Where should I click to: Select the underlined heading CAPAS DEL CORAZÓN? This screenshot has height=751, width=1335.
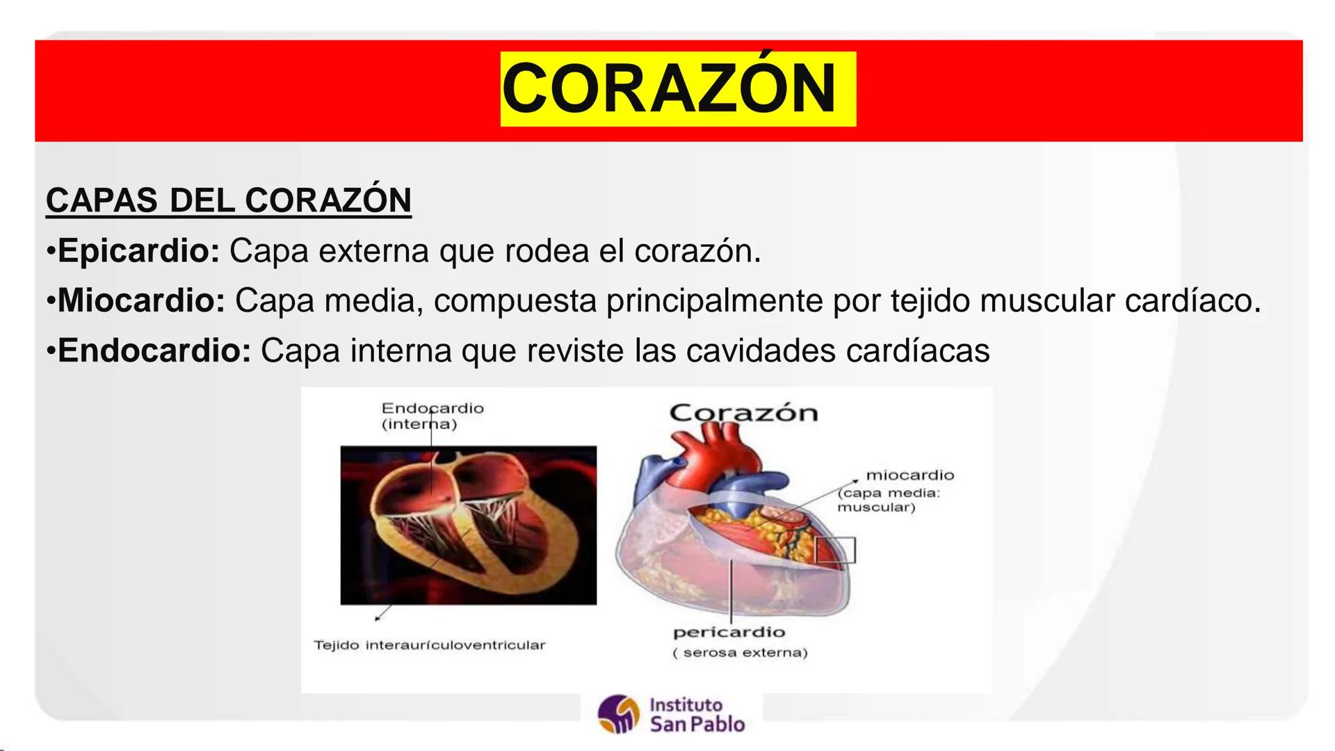[228, 200]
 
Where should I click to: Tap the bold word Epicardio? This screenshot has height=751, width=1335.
[138, 251]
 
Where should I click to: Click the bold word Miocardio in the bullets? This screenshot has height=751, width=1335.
[141, 300]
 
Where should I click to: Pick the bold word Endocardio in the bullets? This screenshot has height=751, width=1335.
[154, 350]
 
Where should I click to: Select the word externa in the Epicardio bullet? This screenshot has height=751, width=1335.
[373, 251]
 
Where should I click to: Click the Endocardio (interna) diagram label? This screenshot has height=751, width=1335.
[432, 416]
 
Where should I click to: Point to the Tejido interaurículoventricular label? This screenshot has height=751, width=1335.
[429, 645]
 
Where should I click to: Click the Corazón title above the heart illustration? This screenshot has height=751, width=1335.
[743, 413]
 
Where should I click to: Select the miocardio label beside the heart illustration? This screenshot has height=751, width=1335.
[909, 476]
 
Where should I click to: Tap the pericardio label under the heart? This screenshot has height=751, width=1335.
[729, 633]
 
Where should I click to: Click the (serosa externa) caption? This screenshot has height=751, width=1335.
[740, 653]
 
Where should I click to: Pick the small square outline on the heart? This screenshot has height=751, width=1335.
[835, 550]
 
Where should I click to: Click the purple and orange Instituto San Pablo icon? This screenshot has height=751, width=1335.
[618, 714]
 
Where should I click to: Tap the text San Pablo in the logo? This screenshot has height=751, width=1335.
[697, 725]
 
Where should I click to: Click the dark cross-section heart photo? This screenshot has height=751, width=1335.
[468, 525]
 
